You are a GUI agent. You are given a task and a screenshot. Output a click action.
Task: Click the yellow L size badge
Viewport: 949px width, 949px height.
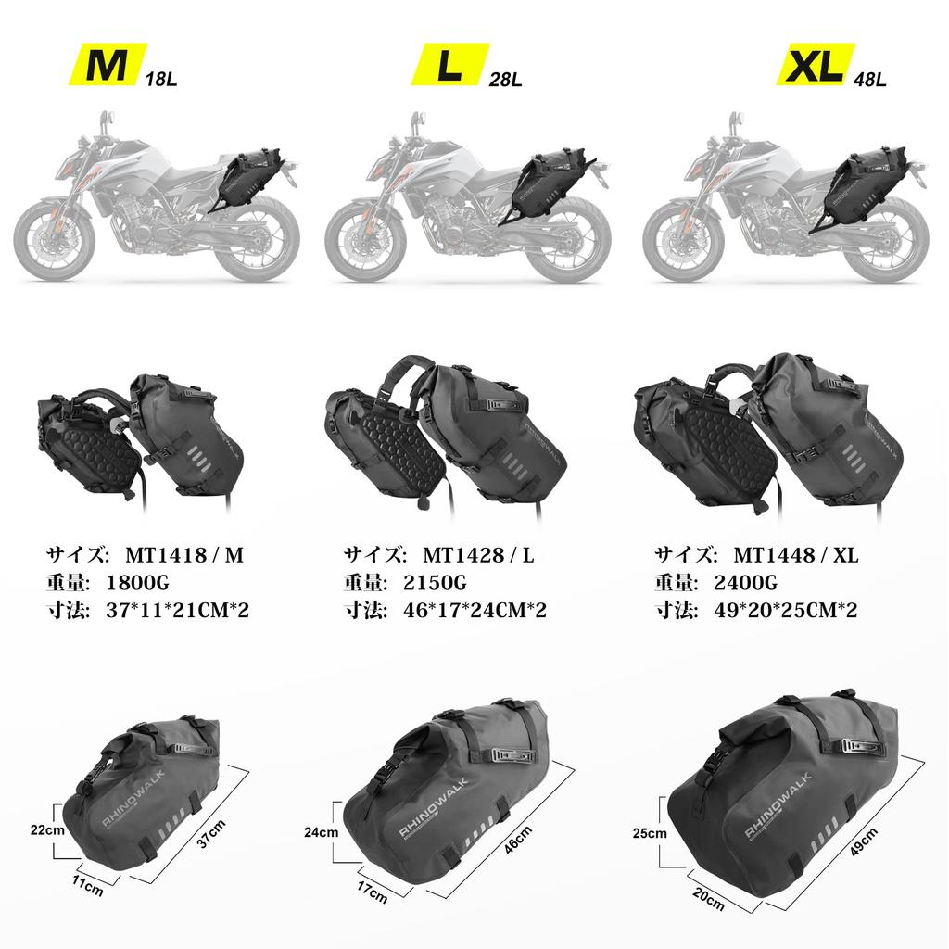tap(449, 66)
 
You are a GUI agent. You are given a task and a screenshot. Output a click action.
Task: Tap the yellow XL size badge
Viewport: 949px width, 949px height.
tap(813, 66)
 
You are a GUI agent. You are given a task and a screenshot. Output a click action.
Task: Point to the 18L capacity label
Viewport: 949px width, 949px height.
tap(161, 80)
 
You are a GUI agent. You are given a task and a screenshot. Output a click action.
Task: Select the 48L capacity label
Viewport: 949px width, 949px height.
tap(869, 80)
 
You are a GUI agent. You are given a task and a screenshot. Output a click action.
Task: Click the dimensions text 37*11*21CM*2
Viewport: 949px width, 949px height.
tap(178, 611)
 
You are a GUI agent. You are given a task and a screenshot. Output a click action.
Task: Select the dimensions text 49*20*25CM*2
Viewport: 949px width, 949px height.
tap(794, 611)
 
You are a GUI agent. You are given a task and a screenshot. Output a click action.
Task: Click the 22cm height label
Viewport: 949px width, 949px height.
tap(45, 830)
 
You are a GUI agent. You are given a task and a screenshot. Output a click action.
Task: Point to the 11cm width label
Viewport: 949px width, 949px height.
tap(87, 888)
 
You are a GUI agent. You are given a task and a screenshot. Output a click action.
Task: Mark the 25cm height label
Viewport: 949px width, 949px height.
tap(650, 833)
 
